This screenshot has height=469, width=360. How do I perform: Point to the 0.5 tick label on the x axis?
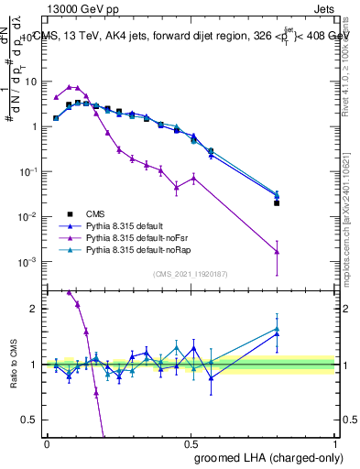coord(191,442)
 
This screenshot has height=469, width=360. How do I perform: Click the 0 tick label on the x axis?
coord(47,442)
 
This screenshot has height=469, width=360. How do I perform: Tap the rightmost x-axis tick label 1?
coord(335,442)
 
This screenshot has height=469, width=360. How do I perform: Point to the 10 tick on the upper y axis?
coord(30,82)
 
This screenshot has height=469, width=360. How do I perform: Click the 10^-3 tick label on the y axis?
coord(27,262)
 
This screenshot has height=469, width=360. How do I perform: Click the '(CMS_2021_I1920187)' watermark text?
coord(191,274)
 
